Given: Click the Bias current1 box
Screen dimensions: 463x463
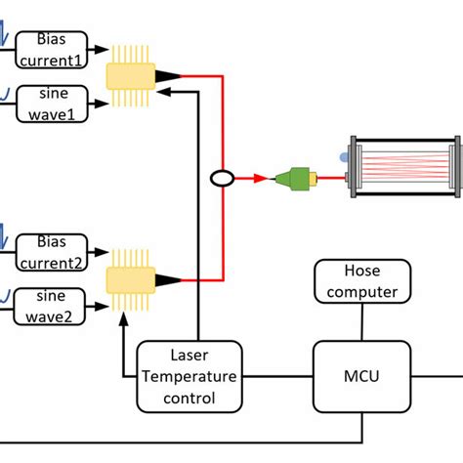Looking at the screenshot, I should (51, 50).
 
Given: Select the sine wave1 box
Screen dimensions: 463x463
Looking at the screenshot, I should (51, 105).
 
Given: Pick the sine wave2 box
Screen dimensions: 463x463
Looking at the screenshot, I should (51, 304).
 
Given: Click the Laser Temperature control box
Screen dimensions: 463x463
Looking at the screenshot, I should (189, 374).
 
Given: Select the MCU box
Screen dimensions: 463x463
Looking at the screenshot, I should (361, 374).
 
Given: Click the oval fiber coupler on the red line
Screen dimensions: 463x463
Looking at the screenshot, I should (223, 179).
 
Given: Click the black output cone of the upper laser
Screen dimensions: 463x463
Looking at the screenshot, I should (168, 75).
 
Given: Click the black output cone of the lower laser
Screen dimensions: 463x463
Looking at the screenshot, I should (168, 280).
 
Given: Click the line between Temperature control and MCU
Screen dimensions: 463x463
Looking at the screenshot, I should (277, 375).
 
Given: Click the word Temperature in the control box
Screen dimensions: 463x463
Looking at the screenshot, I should (189, 374).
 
